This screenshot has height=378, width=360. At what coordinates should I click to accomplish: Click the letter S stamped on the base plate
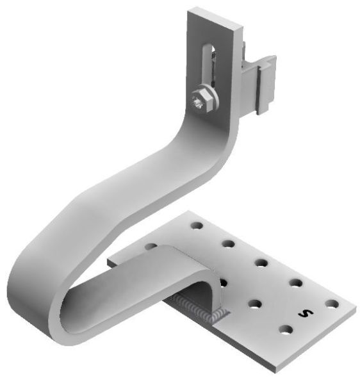306,313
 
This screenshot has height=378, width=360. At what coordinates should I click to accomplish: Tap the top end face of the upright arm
215,19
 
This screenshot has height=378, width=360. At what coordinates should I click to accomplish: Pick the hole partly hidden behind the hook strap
151,246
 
